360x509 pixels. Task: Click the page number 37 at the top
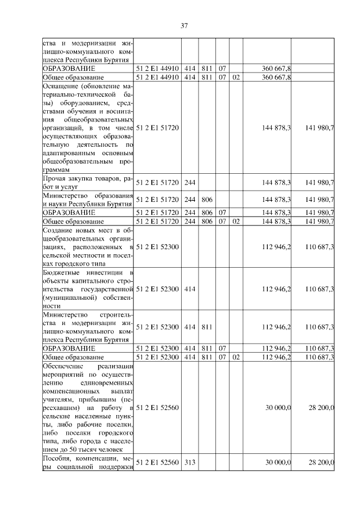183,25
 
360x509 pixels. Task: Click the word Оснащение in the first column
60,86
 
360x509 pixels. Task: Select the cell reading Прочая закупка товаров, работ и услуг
88,182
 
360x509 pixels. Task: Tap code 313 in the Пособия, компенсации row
190,462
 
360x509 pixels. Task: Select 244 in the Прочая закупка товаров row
190,182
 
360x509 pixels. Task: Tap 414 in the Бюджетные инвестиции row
190,289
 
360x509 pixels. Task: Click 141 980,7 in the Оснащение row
319,128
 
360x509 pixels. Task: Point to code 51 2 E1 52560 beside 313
157,462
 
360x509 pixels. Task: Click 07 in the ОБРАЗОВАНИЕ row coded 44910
222,68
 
